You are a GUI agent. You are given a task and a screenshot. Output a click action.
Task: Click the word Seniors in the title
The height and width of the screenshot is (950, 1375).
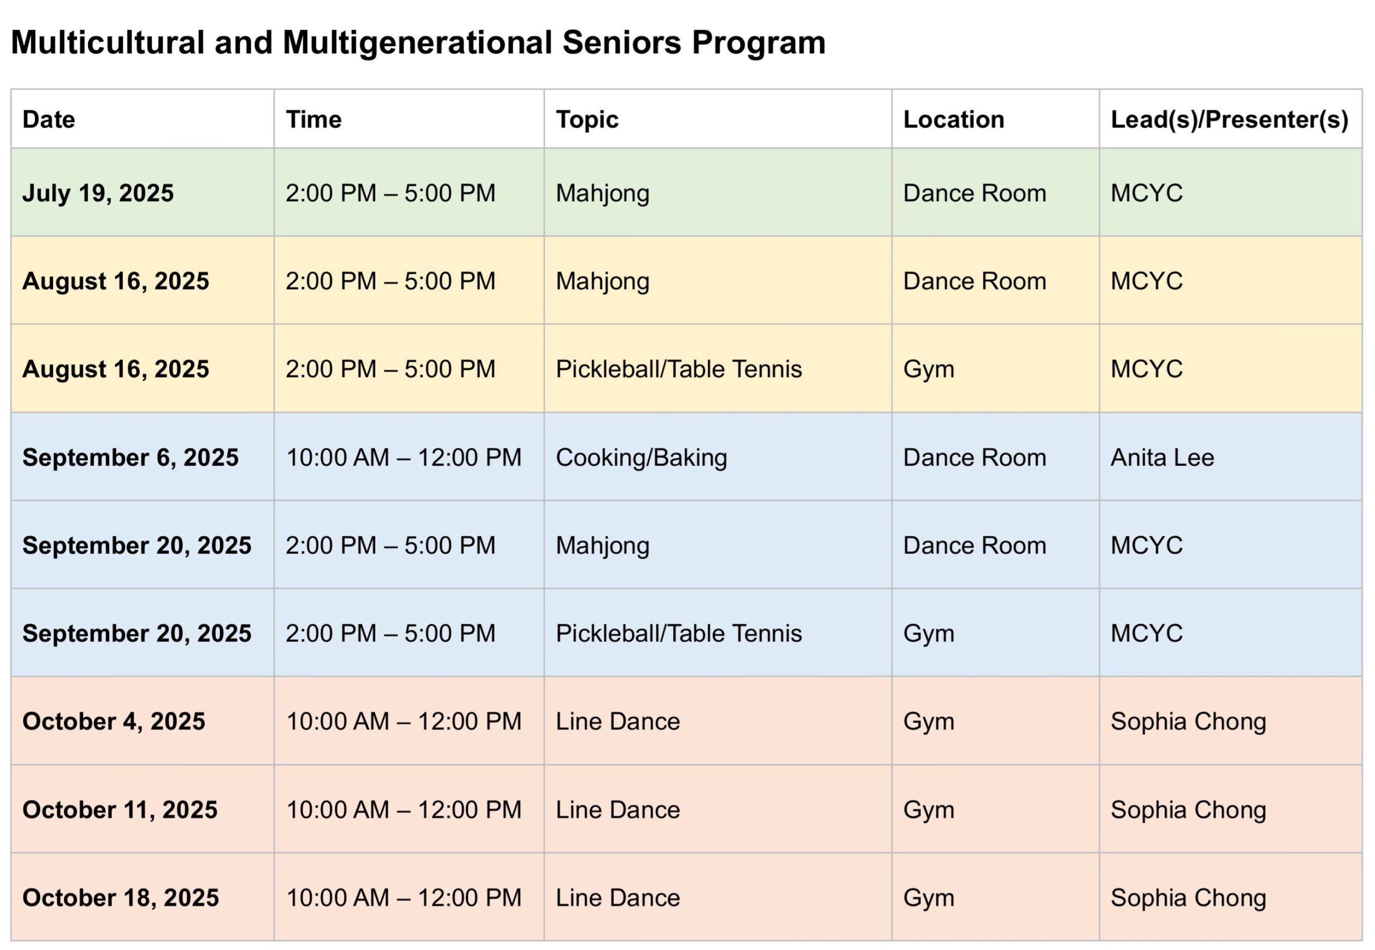coord(621,42)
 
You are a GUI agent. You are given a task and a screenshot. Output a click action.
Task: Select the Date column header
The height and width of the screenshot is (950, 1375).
coord(49,120)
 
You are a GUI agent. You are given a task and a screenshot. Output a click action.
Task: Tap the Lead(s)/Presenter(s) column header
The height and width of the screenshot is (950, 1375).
coord(1229,120)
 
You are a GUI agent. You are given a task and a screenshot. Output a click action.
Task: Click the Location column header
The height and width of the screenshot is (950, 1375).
coord(953,120)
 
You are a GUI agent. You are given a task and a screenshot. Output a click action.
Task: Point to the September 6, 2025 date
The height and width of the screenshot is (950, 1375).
coord(131,457)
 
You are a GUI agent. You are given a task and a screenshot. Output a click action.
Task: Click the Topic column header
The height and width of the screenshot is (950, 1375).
coord(587,120)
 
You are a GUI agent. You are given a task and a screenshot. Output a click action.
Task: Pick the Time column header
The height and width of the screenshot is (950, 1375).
coord(314,120)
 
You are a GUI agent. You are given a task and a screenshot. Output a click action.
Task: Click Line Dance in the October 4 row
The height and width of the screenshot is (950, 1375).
coord(618,721)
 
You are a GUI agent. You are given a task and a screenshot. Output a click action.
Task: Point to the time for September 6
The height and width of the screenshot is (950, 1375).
coord(404,457)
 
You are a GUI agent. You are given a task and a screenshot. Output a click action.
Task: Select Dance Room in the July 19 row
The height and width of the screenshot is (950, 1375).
coord(974,193)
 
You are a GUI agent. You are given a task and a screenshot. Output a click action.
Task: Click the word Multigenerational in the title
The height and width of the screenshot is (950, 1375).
coord(417,43)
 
